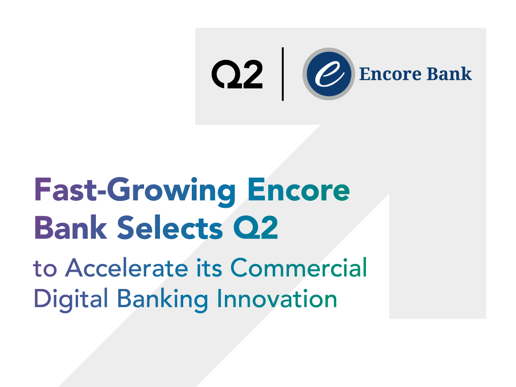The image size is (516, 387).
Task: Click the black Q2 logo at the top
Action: click(x=237, y=74)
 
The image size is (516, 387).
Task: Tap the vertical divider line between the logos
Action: click(x=283, y=74)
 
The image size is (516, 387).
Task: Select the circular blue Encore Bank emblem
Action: click(x=329, y=74)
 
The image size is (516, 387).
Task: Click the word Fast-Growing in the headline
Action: click(x=135, y=192)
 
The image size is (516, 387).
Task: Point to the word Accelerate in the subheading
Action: click(x=126, y=268)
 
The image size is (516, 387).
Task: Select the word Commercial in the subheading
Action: click(x=299, y=268)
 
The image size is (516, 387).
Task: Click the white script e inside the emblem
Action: click(x=329, y=74)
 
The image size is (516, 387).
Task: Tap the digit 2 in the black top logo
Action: click(x=251, y=74)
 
